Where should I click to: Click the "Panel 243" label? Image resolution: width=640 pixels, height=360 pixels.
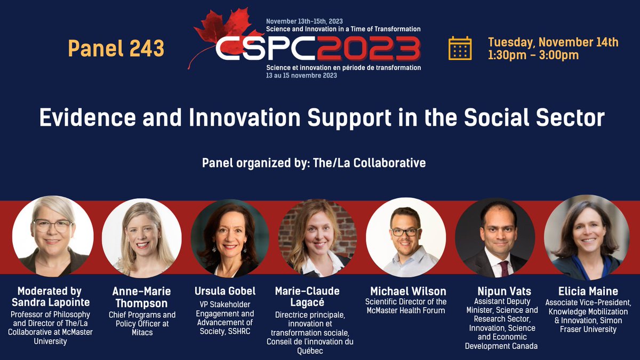pyautogui.click(x=116, y=49)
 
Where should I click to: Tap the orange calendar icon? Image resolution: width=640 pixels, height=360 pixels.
pyautogui.click(x=460, y=48)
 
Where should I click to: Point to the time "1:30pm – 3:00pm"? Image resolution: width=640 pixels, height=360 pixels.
pyautogui.click(x=533, y=55)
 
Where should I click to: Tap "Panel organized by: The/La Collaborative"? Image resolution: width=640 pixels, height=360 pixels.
pyautogui.click(x=314, y=163)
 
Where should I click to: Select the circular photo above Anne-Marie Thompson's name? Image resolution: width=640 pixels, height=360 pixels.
pyautogui.click(x=142, y=238)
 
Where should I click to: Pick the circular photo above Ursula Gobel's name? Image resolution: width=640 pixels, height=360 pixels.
pyautogui.click(x=230, y=238)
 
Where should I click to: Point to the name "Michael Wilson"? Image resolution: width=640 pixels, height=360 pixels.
pyautogui.click(x=408, y=291)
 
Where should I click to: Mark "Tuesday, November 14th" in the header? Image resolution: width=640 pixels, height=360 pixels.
pyautogui.click(x=553, y=42)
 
